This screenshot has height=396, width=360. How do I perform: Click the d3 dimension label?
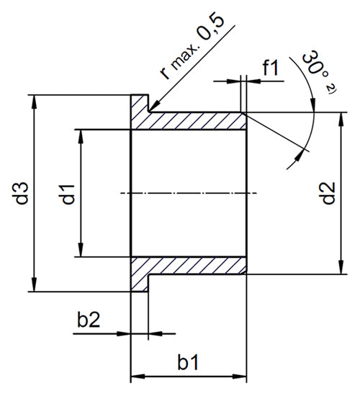coord(22,193)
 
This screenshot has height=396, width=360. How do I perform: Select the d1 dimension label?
coord(68,194)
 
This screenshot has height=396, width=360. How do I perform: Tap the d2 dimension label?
coord(328,193)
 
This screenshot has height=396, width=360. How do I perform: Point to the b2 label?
coord(89,320)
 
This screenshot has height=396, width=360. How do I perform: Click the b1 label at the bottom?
coord(188,363)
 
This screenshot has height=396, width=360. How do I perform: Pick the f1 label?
coord(271,68)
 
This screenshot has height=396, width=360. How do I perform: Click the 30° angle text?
coord(312,63)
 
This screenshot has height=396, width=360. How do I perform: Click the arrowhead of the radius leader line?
coord(153,107)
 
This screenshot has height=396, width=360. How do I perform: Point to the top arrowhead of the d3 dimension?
coord(35,102)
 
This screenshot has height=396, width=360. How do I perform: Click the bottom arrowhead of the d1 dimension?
coord(81,250)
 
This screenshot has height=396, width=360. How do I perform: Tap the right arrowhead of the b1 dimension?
coord(240,377)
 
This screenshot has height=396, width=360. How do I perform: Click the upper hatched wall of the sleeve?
coord(188,121)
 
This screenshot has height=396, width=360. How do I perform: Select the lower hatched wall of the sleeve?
coord(188,266)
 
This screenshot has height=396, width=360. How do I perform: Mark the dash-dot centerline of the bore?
coord(189,193)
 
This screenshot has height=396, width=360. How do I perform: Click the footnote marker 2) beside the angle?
coord(331,89)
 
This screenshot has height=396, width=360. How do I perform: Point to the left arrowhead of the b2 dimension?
coord(124,333)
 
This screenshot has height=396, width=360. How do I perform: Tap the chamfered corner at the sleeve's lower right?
coord(244,272)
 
